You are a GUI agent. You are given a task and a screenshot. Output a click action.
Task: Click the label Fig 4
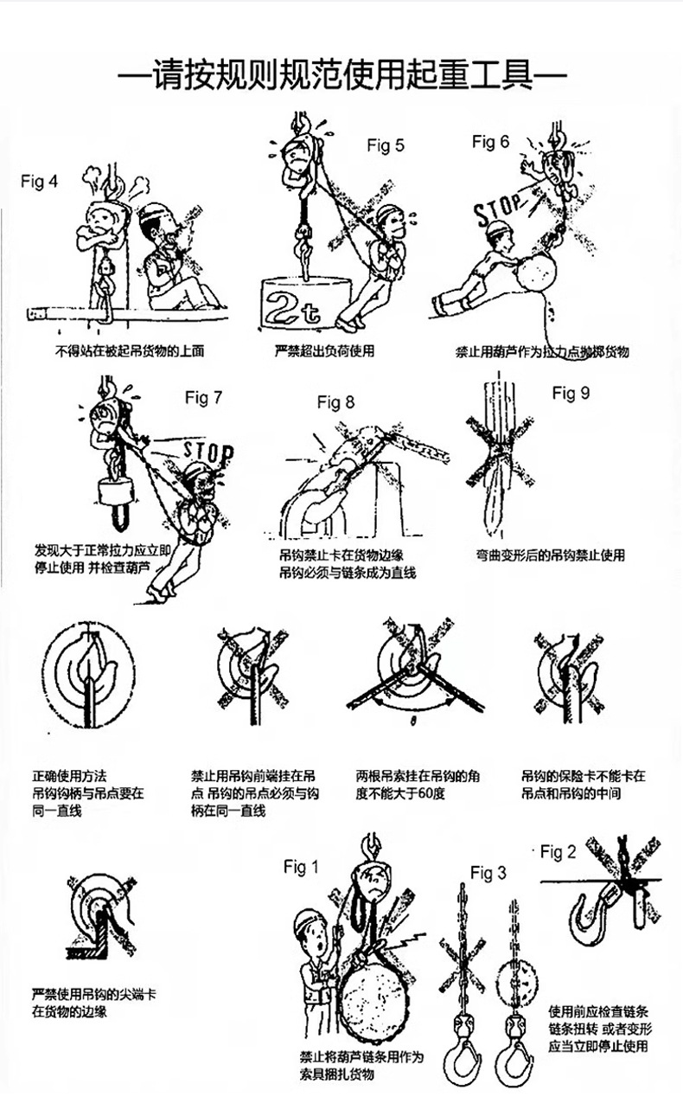tap(40, 183)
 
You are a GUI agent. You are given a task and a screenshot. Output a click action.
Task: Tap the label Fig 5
tap(385, 145)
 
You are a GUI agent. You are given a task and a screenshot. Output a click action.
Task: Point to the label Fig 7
tap(203, 398)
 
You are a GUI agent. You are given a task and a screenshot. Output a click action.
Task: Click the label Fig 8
tap(335, 402)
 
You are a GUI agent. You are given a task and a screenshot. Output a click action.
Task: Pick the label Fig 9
tap(571, 394)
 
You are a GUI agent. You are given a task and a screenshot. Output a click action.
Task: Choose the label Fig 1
tap(301, 867)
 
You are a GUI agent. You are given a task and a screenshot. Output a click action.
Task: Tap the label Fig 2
tap(558, 853)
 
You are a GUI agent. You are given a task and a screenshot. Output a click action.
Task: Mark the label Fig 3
tap(488, 874)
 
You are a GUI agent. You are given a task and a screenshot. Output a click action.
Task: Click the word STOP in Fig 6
tap(499, 208)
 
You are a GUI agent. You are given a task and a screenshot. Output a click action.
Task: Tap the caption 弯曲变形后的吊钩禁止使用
tap(550, 555)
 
